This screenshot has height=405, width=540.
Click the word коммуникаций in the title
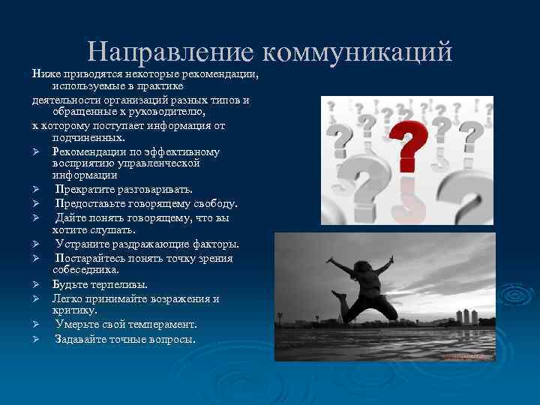pyautogui.click(x=358, y=51)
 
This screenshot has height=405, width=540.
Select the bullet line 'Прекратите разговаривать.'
pyautogui.click(x=124, y=189)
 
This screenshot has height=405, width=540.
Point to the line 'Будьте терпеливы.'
pyautogui.click(x=100, y=284)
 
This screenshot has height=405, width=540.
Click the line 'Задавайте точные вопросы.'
pyautogui.click(x=125, y=339)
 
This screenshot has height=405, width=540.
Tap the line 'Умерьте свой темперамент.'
pyautogui.click(x=125, y=325)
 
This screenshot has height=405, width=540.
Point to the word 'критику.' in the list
pyautogui.click(x=74, y=310)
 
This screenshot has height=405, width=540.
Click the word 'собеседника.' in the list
pyautogui.click(x=85, y=269)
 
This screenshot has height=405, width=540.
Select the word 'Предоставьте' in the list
pyautogui.click(x=89, y=203)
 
